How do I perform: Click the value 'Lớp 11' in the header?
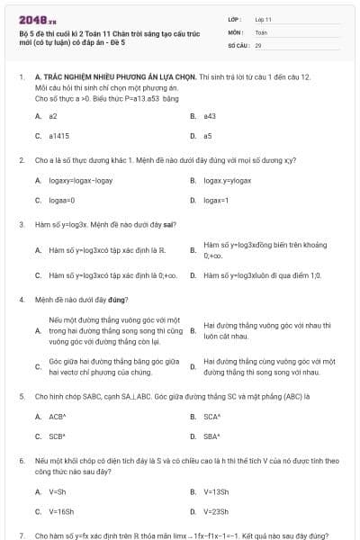(x=264, y=19)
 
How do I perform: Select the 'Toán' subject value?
(x=261, y=31)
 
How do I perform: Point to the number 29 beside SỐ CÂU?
(x=258, y=44)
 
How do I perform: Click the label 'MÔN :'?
(x=236, y=31)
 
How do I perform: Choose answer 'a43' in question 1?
(x=210, y=116)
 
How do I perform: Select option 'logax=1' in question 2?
(x=216, y=200)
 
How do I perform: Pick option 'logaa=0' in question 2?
(x=62, y=200)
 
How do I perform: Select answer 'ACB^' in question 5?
(x=58, y=417)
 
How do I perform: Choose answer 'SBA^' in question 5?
(x=212, y=436)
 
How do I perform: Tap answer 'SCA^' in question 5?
(x=212, y=417)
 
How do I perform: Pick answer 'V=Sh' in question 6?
(x=58, y=491)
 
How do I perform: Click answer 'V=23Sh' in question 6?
(x=217, y=511)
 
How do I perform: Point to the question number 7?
(x=21, y=535)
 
